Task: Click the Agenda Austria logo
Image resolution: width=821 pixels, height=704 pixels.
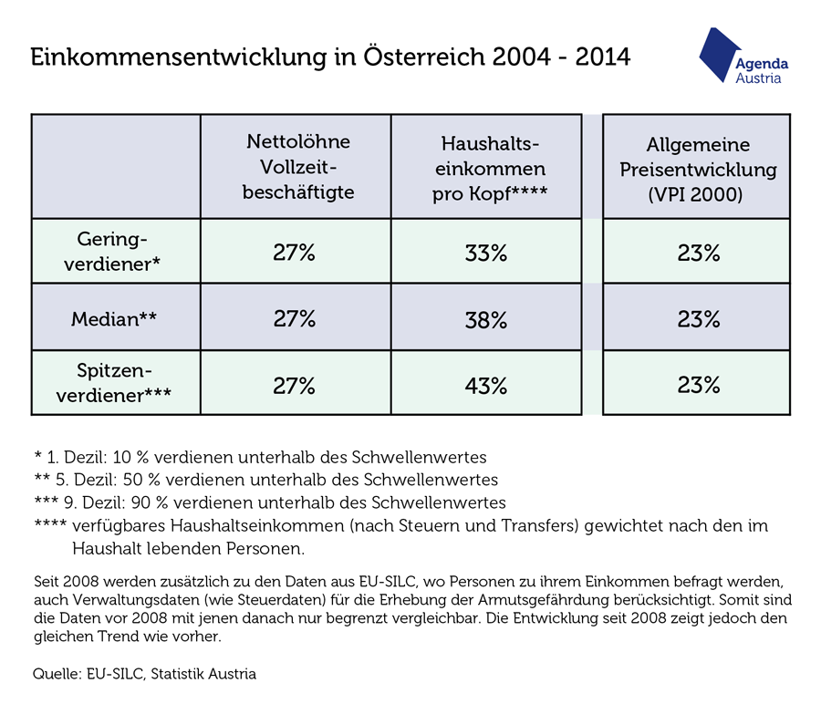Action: [743, 56]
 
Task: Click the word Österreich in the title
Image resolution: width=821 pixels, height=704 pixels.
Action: [424, 56]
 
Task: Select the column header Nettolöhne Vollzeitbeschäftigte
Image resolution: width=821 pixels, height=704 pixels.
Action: [298, 167]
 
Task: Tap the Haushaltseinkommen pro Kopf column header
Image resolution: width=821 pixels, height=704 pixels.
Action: [490, 169]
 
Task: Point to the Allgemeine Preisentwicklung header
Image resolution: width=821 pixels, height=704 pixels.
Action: [698, 169]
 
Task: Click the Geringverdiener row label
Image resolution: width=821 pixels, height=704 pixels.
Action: [112, 252]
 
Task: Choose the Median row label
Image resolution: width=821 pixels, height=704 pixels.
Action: [114, 318]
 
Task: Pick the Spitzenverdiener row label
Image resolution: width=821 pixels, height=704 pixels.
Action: [114, 383]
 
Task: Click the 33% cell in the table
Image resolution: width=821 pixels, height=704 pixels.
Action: [486, 253]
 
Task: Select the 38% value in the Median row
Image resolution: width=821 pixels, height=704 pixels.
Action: [486, 319]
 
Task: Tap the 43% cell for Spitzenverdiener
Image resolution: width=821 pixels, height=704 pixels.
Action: [486, 386]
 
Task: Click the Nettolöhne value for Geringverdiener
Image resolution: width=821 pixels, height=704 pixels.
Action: [294, 253]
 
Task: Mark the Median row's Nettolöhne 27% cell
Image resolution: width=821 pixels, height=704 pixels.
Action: [295, 318]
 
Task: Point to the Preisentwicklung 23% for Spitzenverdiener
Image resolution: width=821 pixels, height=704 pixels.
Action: [699, 385]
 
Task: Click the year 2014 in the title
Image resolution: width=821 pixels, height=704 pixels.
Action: [603, 57]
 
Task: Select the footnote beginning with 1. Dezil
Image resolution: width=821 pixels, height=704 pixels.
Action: [260, 457]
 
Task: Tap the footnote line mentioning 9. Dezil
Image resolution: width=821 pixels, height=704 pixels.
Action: [270, 502]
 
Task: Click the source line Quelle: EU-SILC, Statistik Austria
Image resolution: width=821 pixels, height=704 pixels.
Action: [144, 674]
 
